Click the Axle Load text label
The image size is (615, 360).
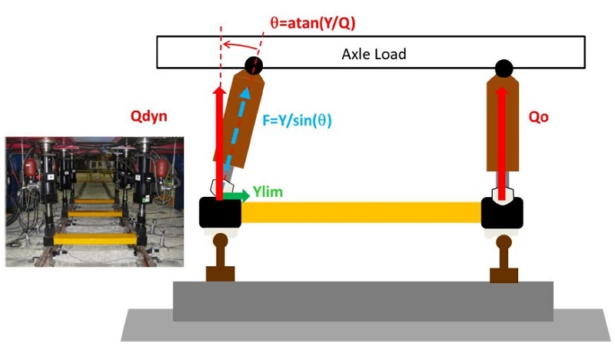click(374, 55)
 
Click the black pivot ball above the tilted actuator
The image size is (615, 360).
click(253, 65)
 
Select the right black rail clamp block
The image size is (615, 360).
click(503, 213)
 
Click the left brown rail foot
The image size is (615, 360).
click(220, 273)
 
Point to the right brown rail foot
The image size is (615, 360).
click(504, 273)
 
